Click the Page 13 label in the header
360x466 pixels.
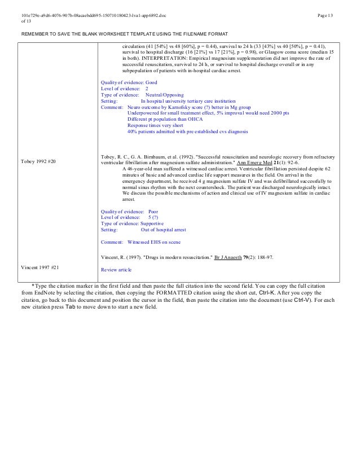[325, 14]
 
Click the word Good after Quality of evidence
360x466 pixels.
[151, 82]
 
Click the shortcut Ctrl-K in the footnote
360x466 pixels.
[269, 293]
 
